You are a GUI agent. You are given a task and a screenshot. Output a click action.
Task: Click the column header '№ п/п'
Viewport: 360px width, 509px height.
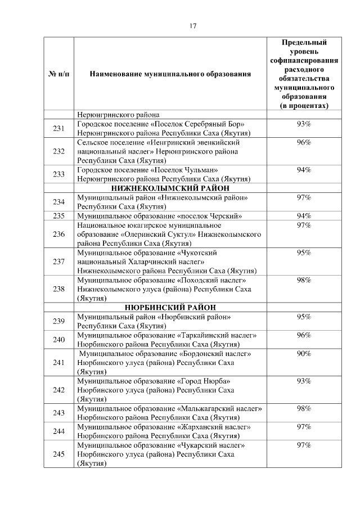pos(58,74)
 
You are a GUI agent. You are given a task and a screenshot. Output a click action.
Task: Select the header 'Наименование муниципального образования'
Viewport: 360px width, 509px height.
pos(170,74)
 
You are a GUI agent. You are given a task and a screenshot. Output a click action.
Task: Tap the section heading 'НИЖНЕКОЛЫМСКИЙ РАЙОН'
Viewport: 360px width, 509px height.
pos(170,188)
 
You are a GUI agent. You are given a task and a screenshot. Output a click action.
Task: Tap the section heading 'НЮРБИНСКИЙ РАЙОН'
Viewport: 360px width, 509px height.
pos(170,307)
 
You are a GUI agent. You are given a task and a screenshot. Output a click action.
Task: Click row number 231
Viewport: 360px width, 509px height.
pos(58,128)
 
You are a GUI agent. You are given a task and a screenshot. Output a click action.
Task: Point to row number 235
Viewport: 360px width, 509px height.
pos(58,216)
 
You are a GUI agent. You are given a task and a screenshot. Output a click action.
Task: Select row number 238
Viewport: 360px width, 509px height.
pos(58,289)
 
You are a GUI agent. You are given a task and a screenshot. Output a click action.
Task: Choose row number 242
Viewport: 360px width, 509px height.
pos(58,389)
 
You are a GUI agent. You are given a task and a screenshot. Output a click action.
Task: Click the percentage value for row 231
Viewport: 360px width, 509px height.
pos(304,124)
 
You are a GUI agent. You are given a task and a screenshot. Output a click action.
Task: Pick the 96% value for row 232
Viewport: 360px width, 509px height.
pos(304,142)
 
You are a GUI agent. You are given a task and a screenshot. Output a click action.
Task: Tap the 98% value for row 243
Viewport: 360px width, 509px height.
pos(304,408)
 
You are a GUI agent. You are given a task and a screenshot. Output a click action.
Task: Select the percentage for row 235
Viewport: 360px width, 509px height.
pos(304,216)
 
